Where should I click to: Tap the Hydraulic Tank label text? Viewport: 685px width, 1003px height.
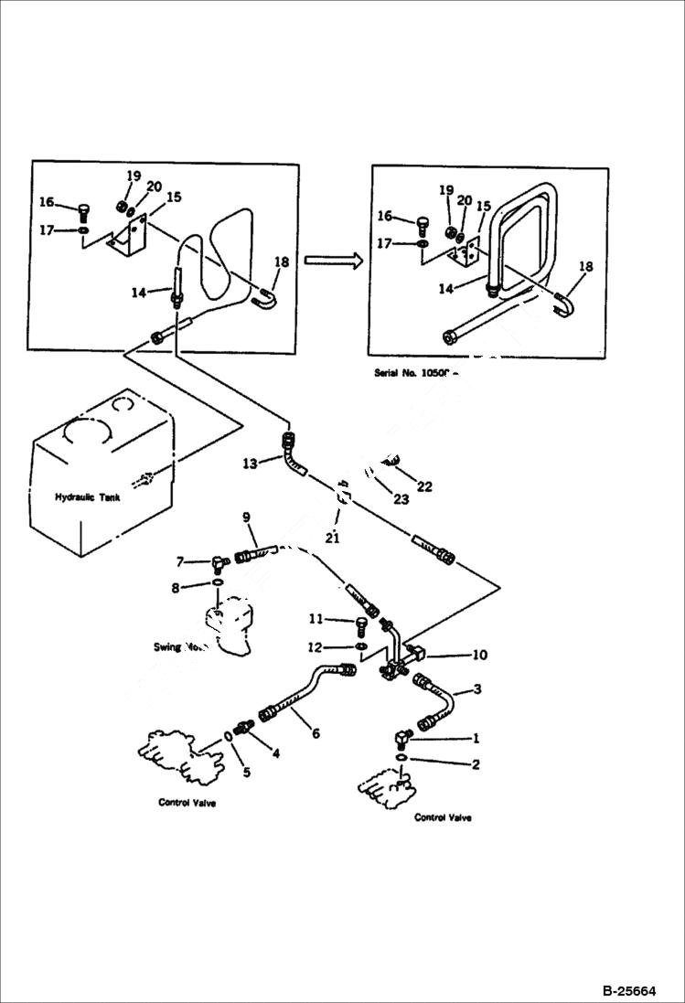(x=87, y=497)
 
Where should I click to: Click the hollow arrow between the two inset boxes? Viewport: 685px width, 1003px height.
(x=331, y=261)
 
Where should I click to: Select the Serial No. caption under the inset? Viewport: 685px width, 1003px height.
(x=414, y=373)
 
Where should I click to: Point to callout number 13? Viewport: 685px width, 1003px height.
(x=250, y=464)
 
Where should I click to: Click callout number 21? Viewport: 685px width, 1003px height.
(x=332, y=538)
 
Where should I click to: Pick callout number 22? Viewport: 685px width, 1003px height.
(x=424, y=486)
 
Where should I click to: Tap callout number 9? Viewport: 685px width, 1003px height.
(x=246, y=518)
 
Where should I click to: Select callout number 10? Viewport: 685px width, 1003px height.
(x=479, y=655)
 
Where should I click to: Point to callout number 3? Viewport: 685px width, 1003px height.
(x=476, y=689)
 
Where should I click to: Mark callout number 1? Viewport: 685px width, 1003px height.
(x=475, y=737)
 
